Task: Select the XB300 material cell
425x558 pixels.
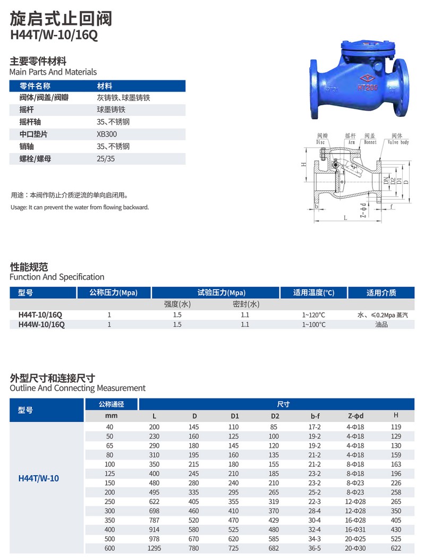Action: [x=107, y=134]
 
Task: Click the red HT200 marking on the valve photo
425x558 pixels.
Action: [x=368, y=87]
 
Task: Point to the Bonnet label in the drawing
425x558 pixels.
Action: [x=370, y=142]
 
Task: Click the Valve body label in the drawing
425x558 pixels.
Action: [x=398, y=142]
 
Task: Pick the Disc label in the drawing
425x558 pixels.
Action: [x=320, y=142]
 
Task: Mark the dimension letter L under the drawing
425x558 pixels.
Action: [x=345, y=218]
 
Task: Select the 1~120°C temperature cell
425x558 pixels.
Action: [x=313, y=315]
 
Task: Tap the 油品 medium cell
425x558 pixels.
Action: [x=381, y=324]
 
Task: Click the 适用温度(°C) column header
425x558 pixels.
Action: [x=313, y=292]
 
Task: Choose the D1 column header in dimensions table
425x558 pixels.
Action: [x=234, y=416]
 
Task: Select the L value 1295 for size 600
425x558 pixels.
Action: [x=154, y=548]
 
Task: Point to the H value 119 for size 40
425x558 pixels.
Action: [x=395, y=427]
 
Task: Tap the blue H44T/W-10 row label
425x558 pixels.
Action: [x=39, y=478]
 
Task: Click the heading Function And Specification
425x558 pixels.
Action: [x=57, y=277]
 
